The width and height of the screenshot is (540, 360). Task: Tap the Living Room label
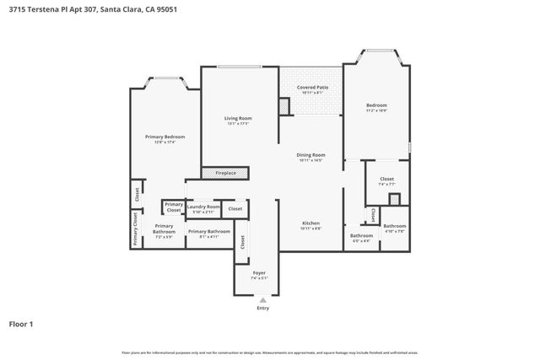coord(238,120)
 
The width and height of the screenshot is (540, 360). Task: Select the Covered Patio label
coord(311,89)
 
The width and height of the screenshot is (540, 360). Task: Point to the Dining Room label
coord(310,157)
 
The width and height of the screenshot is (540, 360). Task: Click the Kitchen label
coord(311,226)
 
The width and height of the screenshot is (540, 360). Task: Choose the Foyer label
coord(260,275)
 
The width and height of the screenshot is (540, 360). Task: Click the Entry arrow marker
coord(263,298)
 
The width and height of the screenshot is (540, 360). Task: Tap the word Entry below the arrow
coord(263,308)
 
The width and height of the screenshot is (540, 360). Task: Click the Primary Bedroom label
coord(165,138)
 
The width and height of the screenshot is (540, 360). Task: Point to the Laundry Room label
coord(203,208)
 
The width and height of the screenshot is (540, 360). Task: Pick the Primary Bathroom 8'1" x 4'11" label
coord(208,233)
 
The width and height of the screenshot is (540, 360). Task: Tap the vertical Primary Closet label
coord(134,228)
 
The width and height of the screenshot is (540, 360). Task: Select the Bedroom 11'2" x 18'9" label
coord(376,107)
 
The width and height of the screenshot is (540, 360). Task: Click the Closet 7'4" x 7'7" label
coord(386,180)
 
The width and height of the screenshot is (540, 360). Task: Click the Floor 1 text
coord(21,323)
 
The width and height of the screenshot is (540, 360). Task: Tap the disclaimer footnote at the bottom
coord(270,352)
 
